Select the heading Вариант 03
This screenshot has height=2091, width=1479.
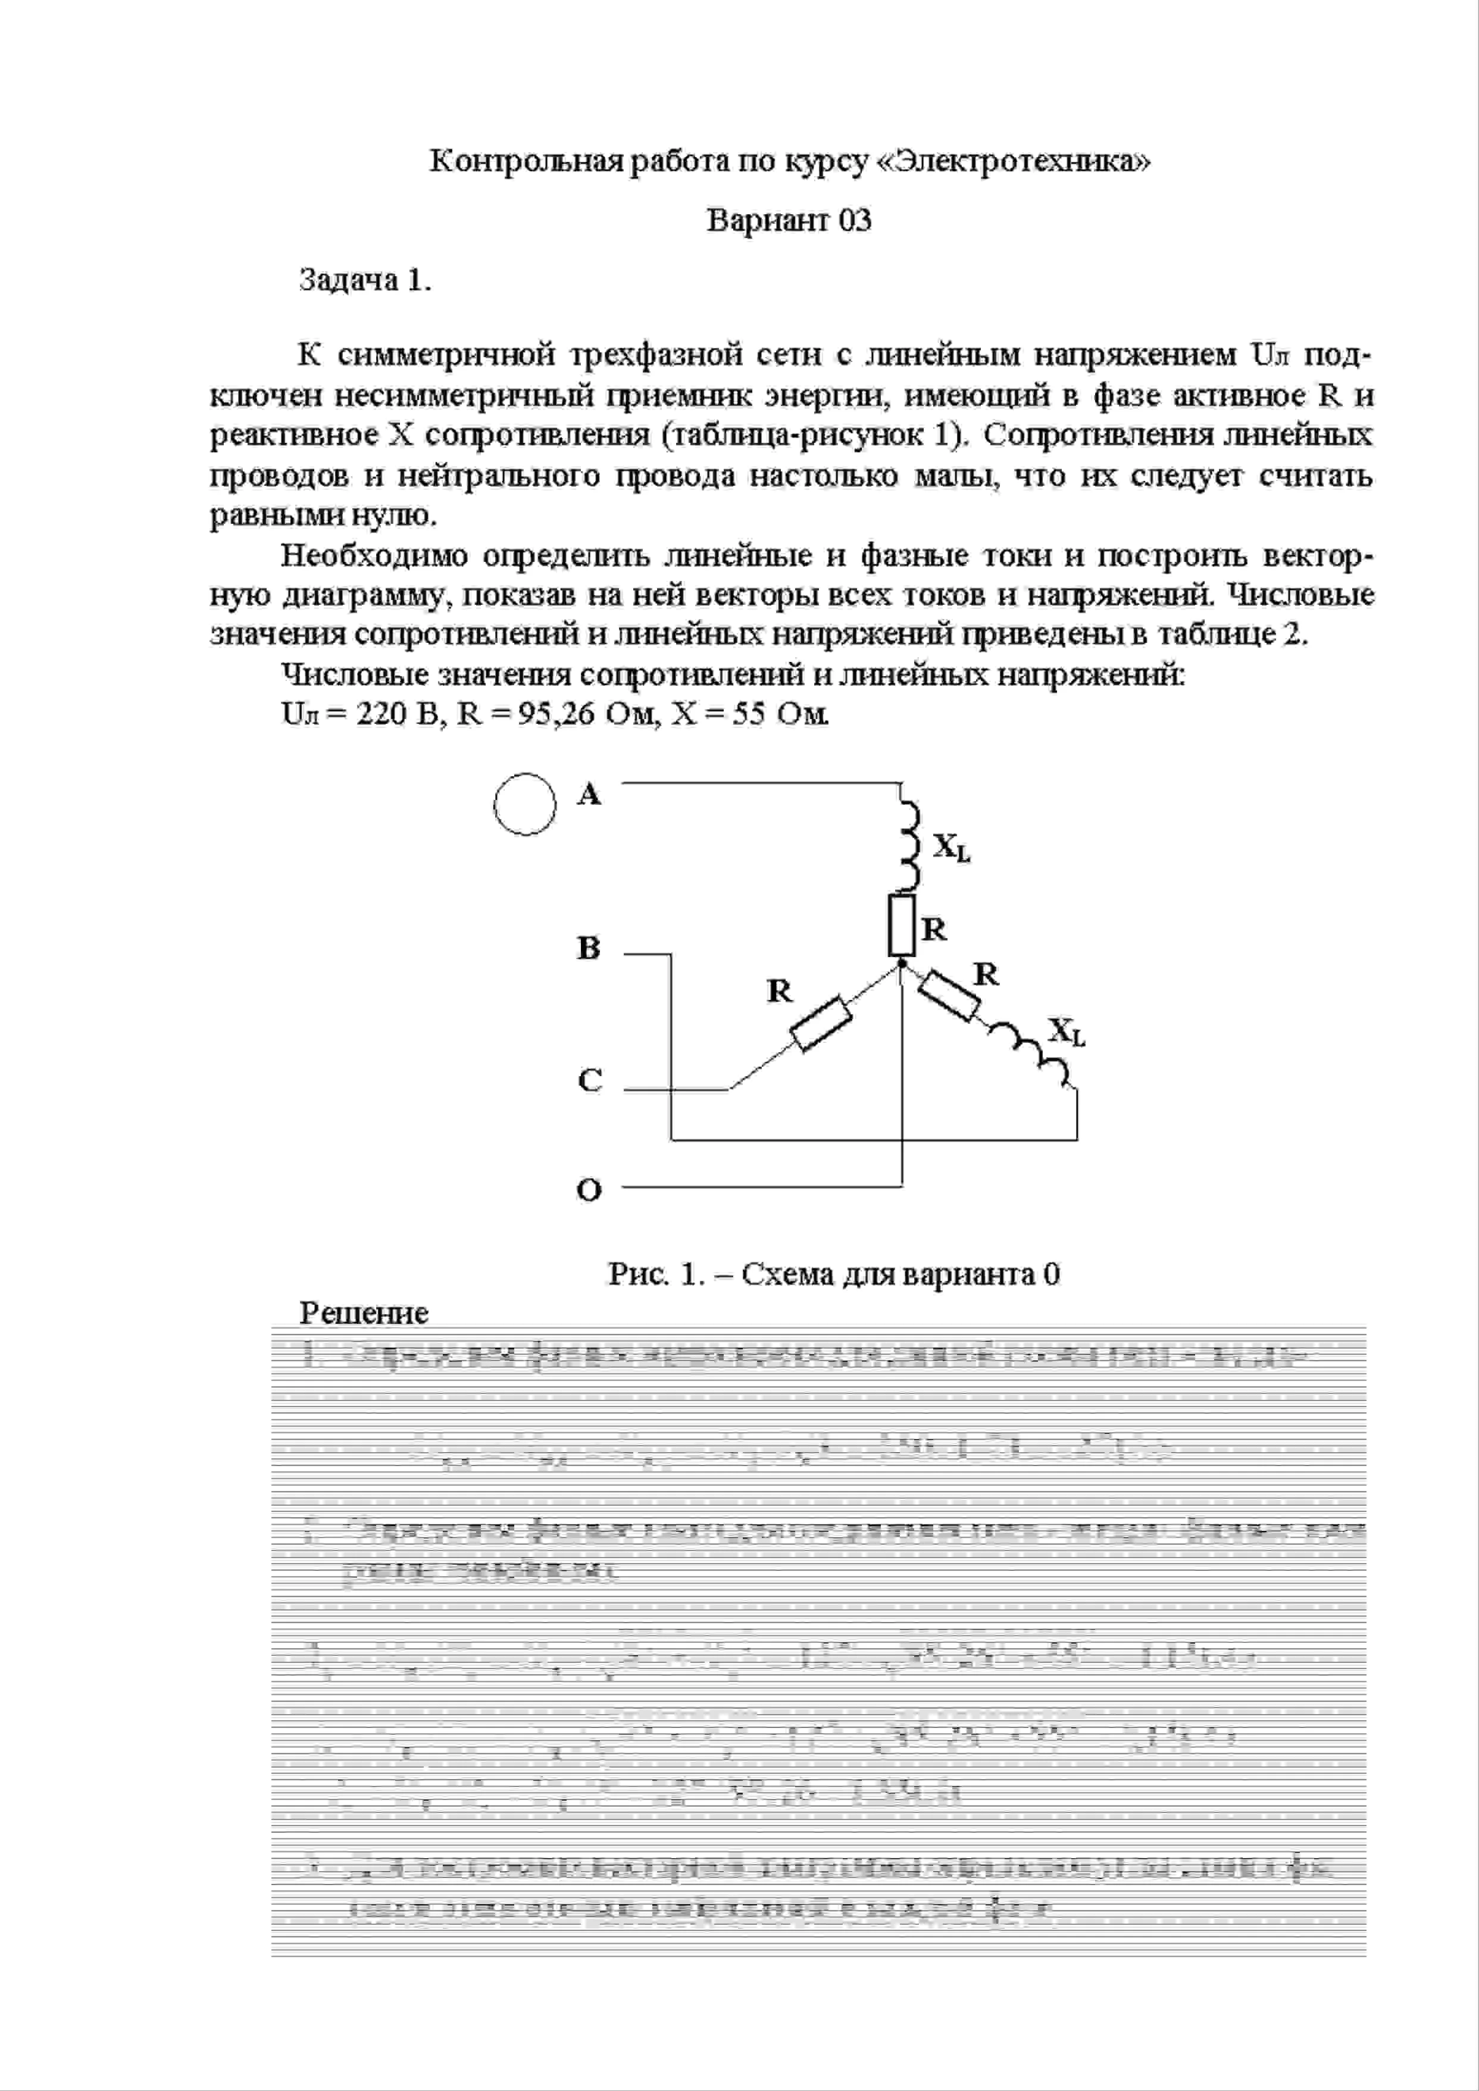tap(789, 220)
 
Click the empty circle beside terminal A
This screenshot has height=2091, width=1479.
tap(524, 804)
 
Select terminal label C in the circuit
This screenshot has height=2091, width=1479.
tap(589, 1081)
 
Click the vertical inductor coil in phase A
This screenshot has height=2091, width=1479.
tap(908, 844)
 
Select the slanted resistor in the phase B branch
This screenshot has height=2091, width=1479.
tap(949, 997)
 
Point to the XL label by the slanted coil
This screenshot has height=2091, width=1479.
tap(1065, 1032)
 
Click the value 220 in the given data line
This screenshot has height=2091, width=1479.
tap(381, 713)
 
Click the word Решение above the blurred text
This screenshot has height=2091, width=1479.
tap(364, 1313)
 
